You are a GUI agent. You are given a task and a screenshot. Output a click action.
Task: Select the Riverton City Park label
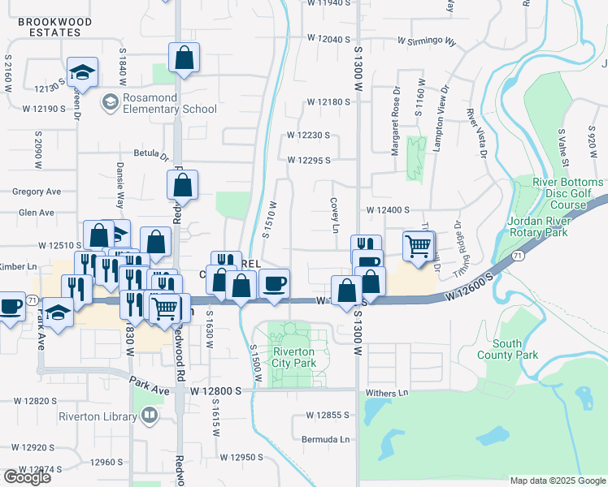(294, 357)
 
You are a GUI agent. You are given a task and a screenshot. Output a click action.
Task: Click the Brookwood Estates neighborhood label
(50, 28)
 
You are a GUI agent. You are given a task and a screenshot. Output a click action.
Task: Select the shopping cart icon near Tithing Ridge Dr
(419, 244)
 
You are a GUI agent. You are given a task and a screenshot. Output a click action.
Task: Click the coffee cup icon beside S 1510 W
(275, 282)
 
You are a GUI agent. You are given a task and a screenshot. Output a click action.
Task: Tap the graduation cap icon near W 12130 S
(82, 72)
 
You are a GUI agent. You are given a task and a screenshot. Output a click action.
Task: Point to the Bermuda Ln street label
(328, 440)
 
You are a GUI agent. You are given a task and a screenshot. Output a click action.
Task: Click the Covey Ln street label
(334, 214)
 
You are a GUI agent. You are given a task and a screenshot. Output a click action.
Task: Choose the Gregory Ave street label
(37, 192)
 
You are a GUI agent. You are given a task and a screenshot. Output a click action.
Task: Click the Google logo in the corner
(27, 477)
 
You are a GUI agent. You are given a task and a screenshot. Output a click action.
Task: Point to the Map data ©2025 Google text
(557, 481)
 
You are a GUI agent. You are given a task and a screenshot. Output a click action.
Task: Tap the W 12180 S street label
(328, 102)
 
